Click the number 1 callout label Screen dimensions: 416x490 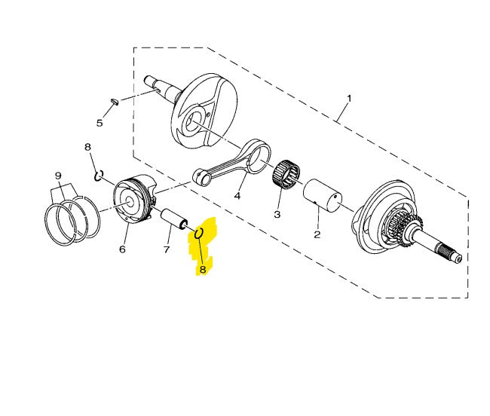(x=349, y=99)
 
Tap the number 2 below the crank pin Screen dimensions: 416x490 (x=317, y=234)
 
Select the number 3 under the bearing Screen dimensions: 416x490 (x=277, y=215)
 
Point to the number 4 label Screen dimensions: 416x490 (x=237, y=196)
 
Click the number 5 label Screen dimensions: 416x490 (x=99, y=123)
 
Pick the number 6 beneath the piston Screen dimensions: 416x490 (x=122, y=249)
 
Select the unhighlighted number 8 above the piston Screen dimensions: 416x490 (x=87, y=147)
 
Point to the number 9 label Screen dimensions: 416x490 (x=57, y=176)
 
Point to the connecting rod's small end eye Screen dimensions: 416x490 (x=201, y=177)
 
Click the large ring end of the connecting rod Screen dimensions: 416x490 (x=260, y=156)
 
